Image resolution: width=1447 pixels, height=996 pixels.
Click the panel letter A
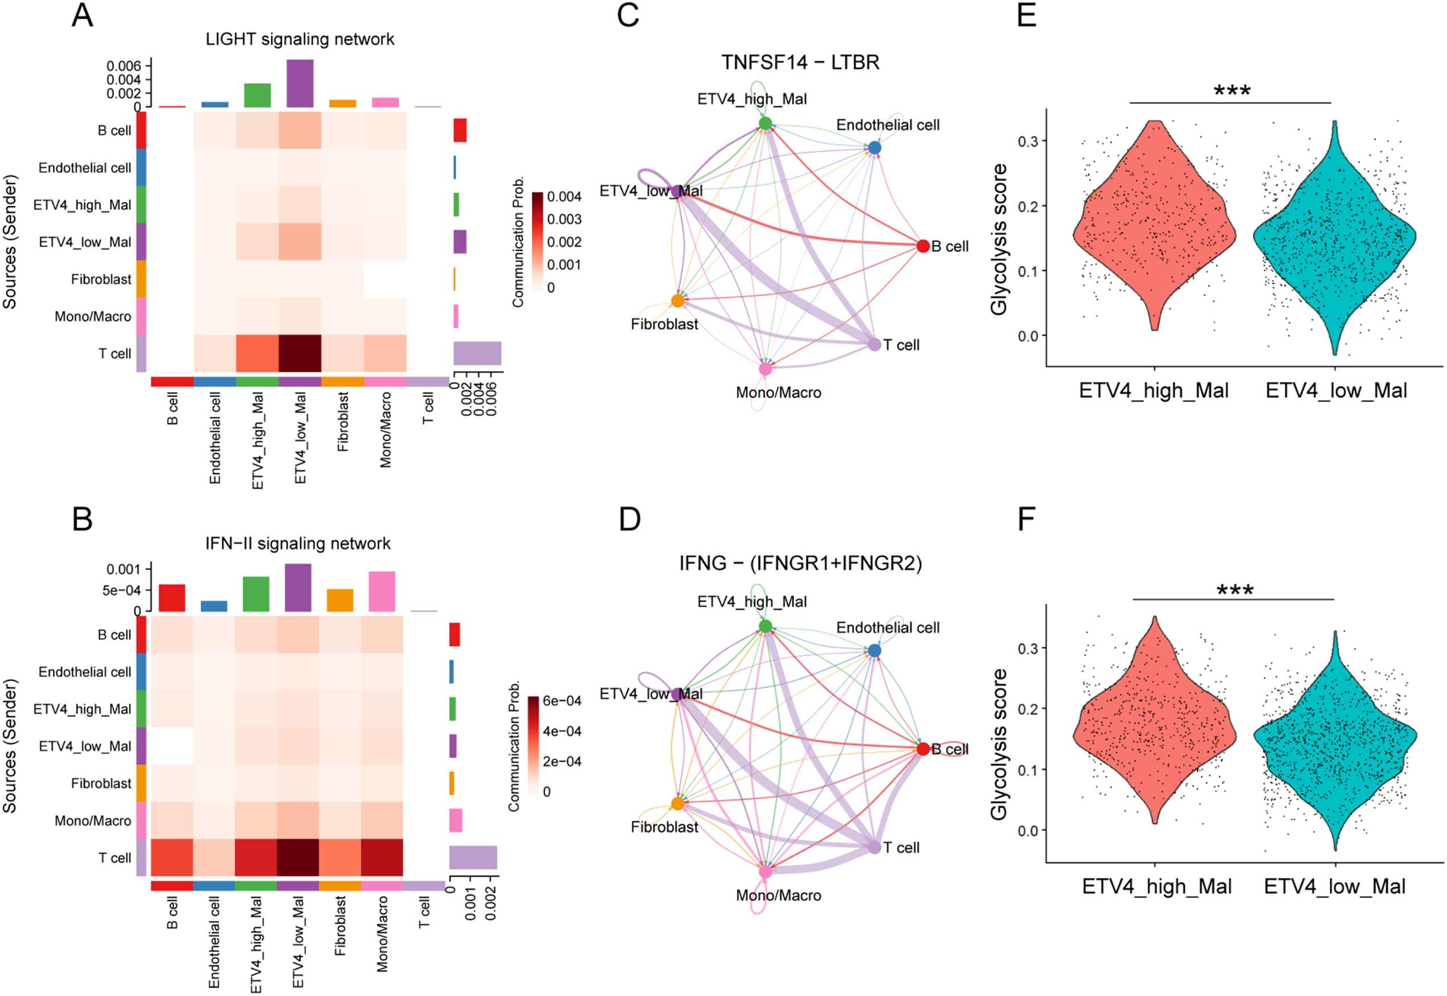coord(83,15)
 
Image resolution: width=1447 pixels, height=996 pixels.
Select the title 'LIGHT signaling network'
coord(300,39)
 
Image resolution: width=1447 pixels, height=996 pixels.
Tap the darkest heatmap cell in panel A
coord(300,353)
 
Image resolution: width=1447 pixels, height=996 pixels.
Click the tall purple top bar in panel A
coord(300,83)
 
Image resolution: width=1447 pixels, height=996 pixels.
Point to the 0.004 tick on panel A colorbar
coord(563,197)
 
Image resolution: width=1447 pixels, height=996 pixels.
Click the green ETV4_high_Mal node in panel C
coord(765,123)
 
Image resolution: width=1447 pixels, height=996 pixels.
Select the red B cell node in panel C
coord(923,246)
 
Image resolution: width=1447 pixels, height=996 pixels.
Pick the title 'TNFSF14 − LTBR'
coord(800,63)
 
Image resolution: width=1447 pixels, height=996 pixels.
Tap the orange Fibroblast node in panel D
coord(677,803)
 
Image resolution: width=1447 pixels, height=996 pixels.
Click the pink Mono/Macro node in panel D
coord(765,871)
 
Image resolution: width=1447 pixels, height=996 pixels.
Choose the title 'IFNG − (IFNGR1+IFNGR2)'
coord(800,564)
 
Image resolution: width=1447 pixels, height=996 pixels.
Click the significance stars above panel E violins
coord(1232,92)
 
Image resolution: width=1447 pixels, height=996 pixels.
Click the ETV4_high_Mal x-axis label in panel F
coord(1156,886)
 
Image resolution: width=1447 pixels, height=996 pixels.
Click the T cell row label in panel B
coord(115,858)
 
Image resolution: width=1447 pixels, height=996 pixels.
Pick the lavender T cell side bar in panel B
coord(473,858)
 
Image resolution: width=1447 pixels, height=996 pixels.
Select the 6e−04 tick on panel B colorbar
coord(562,701)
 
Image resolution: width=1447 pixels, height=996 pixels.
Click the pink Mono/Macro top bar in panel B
coord(382,591)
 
